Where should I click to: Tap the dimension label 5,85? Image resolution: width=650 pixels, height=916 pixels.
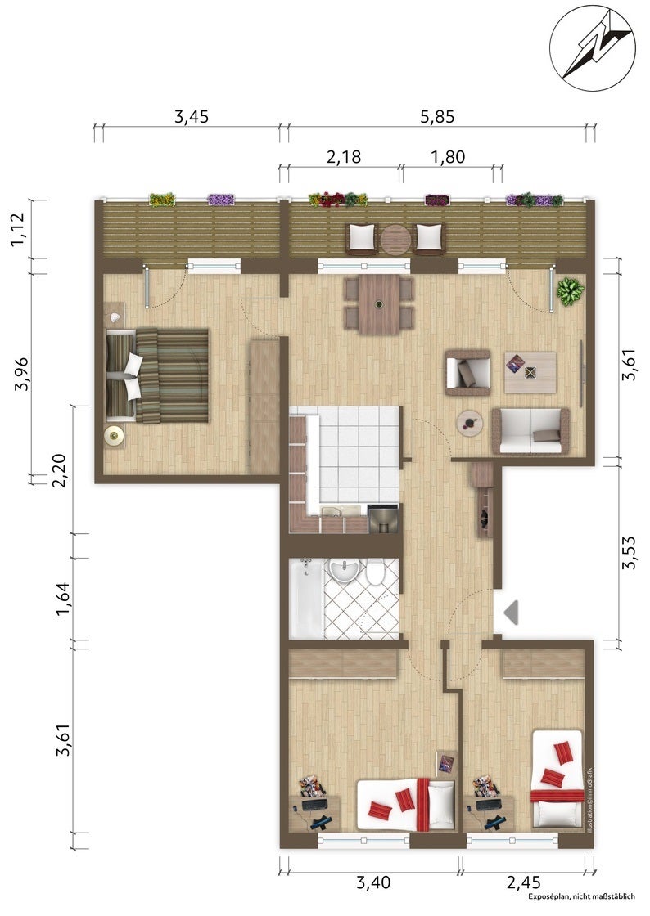(x=437, y=117)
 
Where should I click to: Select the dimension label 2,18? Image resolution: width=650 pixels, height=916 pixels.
(x=344, y=156)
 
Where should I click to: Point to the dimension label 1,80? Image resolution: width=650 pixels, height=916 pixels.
(x=448, y=156)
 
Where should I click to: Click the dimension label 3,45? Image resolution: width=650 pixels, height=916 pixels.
(x=192, y=117)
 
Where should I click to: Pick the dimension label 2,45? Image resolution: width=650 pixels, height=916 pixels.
(x=522, y=882)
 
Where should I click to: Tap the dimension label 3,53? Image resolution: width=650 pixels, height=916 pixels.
(x=630, y=553)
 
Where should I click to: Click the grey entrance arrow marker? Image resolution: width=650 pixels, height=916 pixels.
(x=511, y=612)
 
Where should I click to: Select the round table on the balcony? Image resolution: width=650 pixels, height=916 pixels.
(x=395, y=239)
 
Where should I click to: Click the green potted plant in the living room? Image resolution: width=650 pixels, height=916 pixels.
(x=570, y=290)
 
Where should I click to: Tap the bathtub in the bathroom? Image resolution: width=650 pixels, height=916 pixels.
(x=305, y=599)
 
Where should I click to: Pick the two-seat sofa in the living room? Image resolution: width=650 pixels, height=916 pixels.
(x=531, y=431)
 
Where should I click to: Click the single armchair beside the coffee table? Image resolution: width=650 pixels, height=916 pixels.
(x=467, y=372)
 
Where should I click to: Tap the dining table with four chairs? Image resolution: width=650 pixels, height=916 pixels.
(x=379, y=303)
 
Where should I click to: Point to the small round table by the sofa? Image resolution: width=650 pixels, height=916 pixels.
(x=470, y=421)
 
